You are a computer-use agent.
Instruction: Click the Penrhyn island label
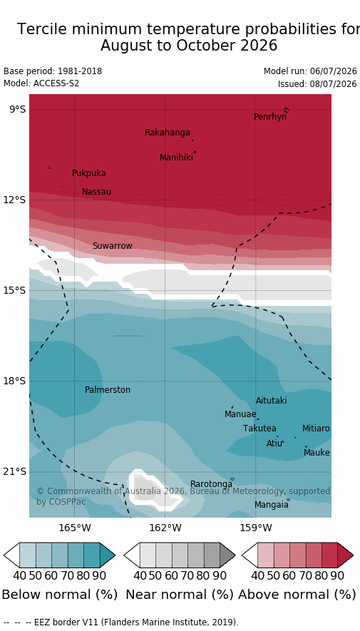tap(270, 117)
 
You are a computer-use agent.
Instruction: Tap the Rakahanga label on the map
tap(168, 133)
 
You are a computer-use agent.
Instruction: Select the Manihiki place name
tap(176, 158)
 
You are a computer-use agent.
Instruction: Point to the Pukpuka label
tap(89, 173)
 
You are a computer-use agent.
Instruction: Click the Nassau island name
tap(96, 192)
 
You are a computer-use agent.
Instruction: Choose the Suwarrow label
tap(112, 246)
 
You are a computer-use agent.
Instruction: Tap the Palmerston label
tap(108, 390)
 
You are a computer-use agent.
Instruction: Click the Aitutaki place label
tap(272, 401)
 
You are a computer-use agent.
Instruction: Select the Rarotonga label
tap(211, 483)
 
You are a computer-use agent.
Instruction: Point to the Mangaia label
tap(272, 505)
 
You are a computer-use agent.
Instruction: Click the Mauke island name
tap(317, 453)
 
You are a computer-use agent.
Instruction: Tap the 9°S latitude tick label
tap(17, 110)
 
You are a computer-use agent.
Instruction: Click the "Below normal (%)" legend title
tap(60, 595)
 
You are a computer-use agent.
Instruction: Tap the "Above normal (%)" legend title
tap(297, 595)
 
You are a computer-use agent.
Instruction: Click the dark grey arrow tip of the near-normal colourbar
tap(227, 555)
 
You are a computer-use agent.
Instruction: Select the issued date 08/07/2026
tap(334, 84)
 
